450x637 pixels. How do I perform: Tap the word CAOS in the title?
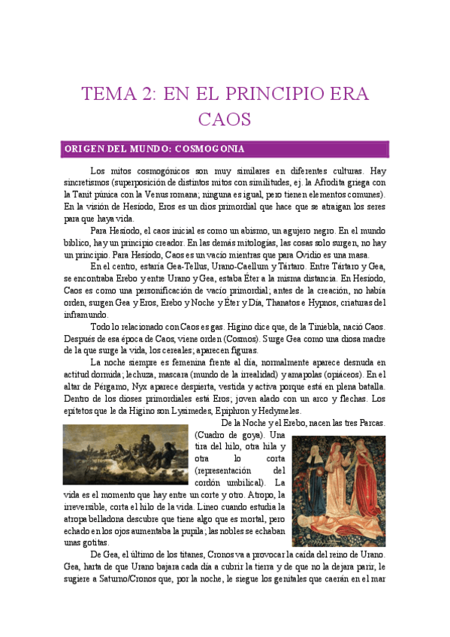[x=224, y=119]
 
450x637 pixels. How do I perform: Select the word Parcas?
[x=370, y=424]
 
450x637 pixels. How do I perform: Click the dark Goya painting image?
[x=125, y=455]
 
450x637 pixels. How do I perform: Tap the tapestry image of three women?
[x=337, y=491]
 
